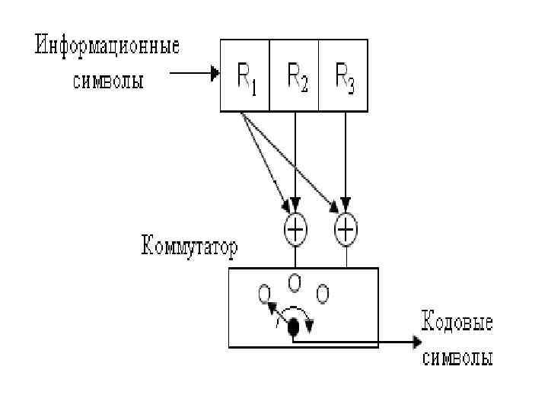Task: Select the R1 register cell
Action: (x=245, y=75)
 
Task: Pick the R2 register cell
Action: (x=294, y=75)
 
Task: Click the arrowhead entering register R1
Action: (x=215, y=75)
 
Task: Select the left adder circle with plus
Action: (x=294, y=228)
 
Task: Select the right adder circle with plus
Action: (x=346, y=228)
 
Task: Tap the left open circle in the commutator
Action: (x=264, y=292)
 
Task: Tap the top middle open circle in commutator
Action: (x=294, y=282)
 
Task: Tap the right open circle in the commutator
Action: (x=322, y=292)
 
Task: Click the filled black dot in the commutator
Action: (x=292, y=327)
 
